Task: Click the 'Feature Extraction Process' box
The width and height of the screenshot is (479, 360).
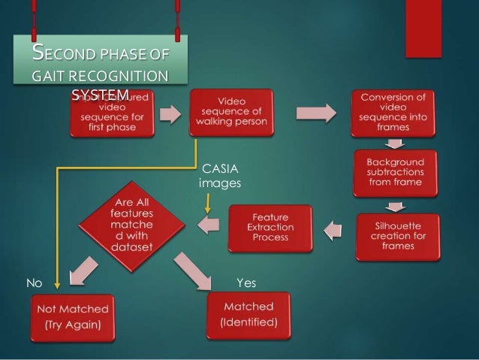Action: pos(269,226)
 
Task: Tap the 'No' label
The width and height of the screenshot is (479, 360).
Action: pos(33,283)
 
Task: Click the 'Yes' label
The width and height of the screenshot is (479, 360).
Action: pos(246,283)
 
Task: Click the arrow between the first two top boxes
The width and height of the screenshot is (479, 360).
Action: pos(170,114)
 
